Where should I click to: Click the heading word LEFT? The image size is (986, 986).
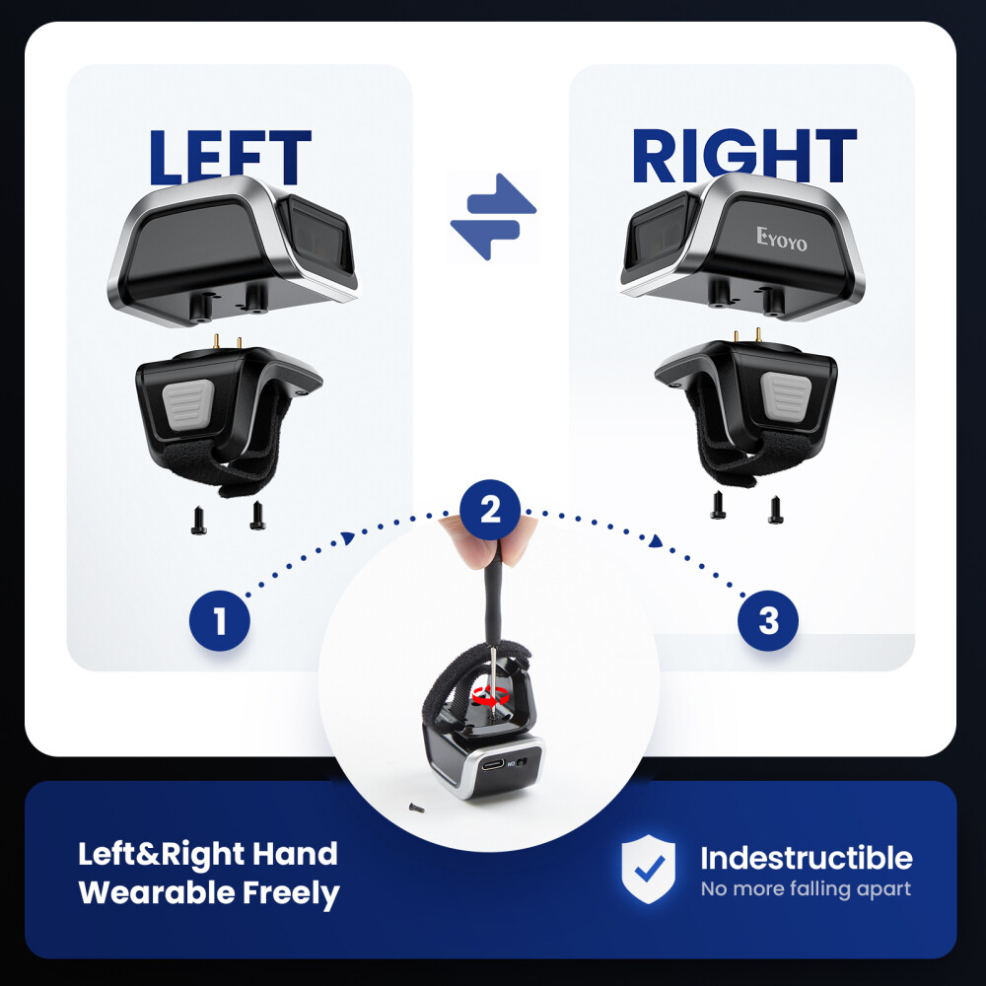point(230,157)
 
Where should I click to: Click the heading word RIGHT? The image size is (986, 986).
point(743,155)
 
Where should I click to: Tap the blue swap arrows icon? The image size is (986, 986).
point(494,216)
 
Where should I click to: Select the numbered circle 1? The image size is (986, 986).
point(220,620)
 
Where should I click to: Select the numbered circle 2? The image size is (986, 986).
point(490,510)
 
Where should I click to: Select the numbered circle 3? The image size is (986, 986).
point(768,620)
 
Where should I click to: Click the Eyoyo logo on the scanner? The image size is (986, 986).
point(782,239)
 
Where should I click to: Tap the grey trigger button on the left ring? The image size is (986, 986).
point(187,404)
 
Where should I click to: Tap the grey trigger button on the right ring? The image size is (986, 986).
point(786,397)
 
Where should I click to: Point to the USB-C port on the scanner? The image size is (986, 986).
point(492,765)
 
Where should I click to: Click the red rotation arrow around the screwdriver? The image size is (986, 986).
point(490,695)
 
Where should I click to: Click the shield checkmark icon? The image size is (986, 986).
point(649,869)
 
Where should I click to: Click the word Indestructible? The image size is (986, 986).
point(807,858)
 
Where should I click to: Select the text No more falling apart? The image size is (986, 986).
point(806,889)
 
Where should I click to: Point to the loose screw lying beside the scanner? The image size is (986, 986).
point(416,808)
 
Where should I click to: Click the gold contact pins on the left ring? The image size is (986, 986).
point(228,342)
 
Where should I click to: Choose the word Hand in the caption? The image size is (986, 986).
point(295,854)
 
